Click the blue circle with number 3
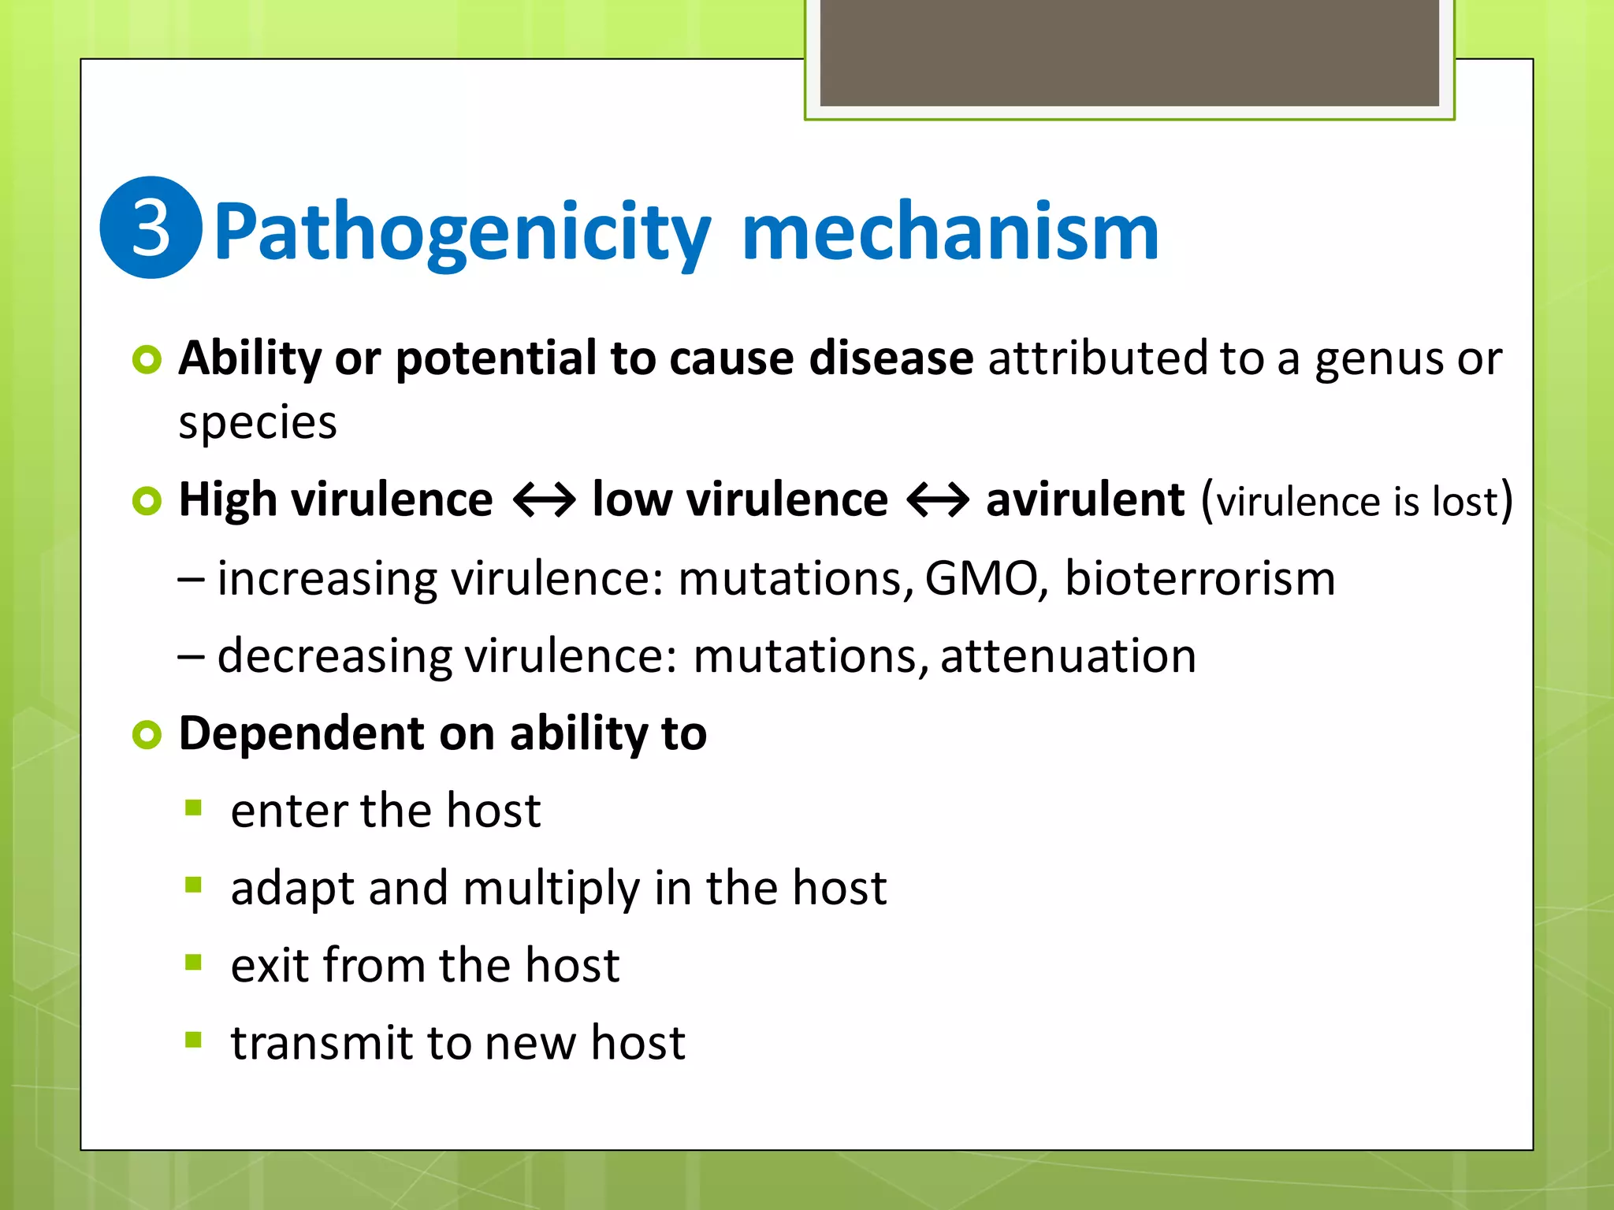[x=151, y=228]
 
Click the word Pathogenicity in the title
[x=462, y=232]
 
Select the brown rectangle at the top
[x=1129, y=53]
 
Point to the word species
[x=258, y=423]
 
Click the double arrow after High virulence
[x=544, y=500]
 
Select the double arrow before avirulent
[x=937, y=500]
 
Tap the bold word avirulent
[x=1084, y=500]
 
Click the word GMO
[x=981, y=579]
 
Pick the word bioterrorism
[x=1199, y=579]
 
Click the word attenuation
[x=1068, y=656]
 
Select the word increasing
[x=326, y=580]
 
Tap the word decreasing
[x=334, y=657]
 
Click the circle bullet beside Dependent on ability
[x=147, y=735]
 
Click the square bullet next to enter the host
[x=194, y=808]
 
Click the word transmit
[x=321, y=1043]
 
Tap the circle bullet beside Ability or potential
[x=147, y=360]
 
